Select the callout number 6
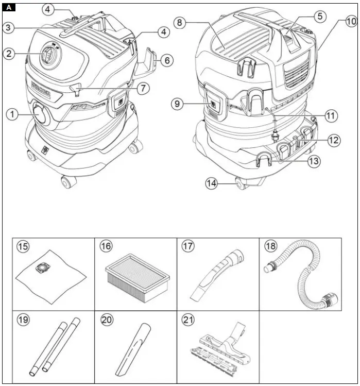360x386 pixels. tap(166, 60)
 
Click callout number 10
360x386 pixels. tap(350, 22)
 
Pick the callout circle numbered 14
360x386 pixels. tap(212, 182)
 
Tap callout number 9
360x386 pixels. tap(178, 104)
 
